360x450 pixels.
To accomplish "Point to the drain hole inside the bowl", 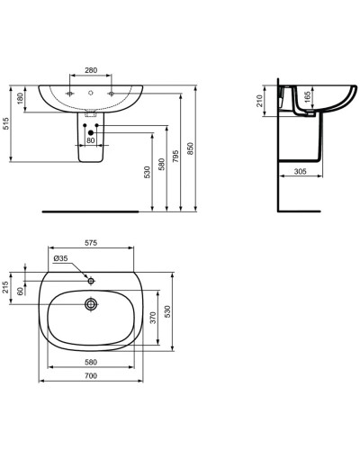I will click(x=90, y=303).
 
